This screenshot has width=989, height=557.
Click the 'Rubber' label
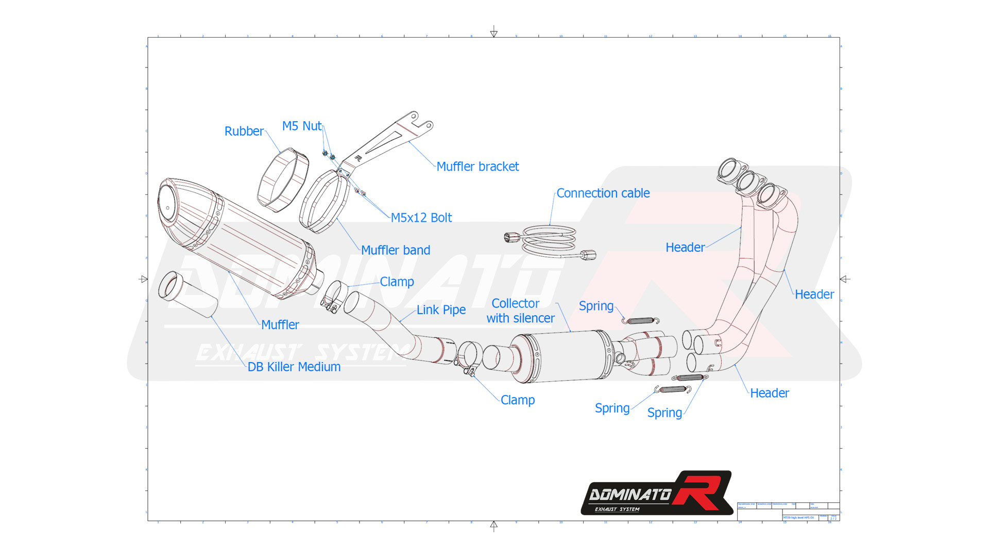coord(244,132)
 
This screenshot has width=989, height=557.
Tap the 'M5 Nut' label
coord(301,126)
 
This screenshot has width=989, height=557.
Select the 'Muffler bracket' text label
coord(478,167)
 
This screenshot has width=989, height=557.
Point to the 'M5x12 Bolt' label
coord(421,218)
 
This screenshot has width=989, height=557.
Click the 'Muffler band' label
coord(395,250)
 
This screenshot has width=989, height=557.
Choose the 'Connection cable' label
coord(603,193)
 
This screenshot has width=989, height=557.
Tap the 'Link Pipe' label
coord(441,310)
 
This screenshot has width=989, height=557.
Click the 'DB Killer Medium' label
coord(294,367)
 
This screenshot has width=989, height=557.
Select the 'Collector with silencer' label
coord(520,311)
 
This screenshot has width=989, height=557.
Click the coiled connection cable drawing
coord(549,240)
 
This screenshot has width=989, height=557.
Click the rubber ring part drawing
coord(283,180)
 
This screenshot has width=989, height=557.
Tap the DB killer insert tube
coord(187,294)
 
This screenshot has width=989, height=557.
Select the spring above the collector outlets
coord(640,321)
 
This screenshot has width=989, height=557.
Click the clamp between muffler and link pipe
coord(334,297)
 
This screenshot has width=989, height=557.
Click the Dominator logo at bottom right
coord(657,493)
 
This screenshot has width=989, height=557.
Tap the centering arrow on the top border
coord(493,32)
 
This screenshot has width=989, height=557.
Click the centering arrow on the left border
coord(143,279)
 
